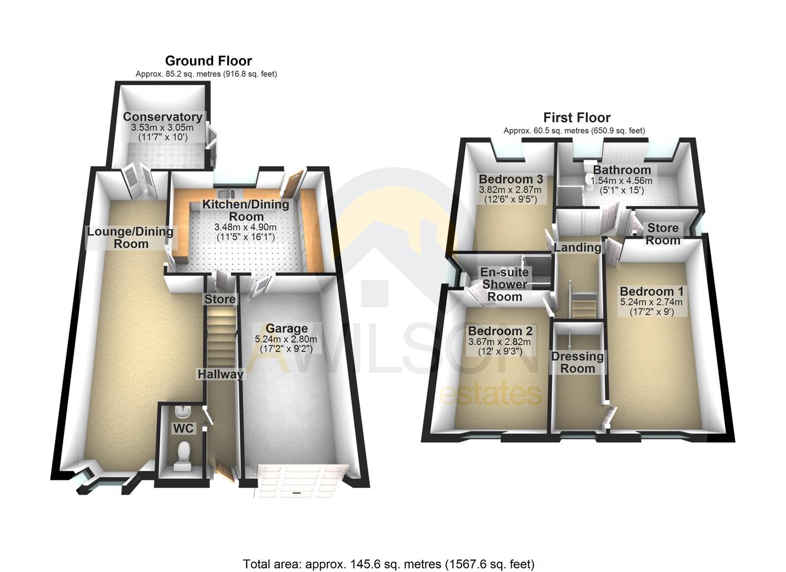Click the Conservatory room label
[162, 117]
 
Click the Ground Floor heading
[208, 61]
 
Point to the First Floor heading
[576, 118]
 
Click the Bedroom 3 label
[510, 179]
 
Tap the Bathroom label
[621, 170]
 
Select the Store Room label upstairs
[663, 234]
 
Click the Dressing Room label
[577, 362]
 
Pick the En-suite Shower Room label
[504, 284]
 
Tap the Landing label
[577, 247]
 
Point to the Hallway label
[220, 374]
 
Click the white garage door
[299, 481]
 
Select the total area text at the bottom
[389, 564]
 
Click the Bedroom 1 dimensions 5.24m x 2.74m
[651, 302]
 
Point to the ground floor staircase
[220, 339]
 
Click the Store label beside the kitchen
[220, 299]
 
